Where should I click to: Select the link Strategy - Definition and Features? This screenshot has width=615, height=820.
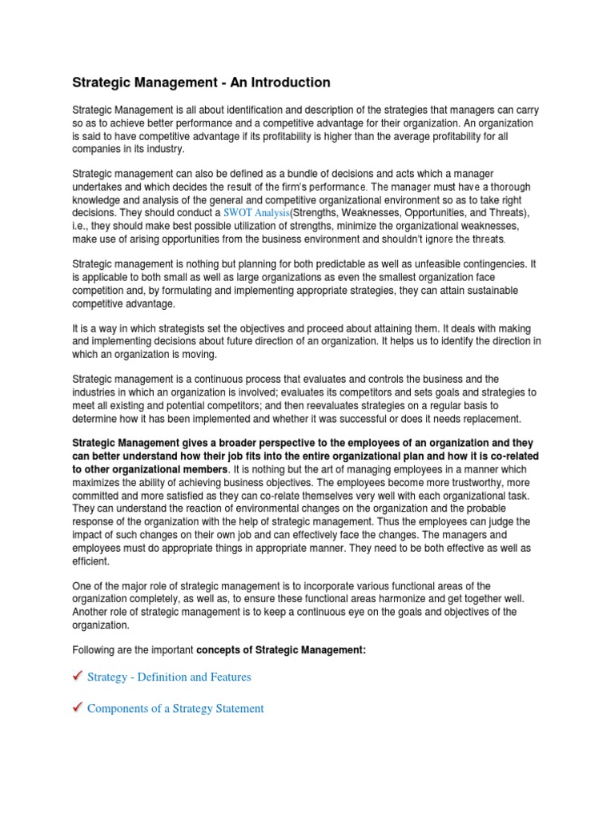pyautogui.click(x=168, y=677)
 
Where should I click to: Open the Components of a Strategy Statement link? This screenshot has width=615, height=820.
pyautogui.click(x=175, y=709)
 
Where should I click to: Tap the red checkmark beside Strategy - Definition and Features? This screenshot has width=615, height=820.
pyautogui.click(x=77, y=677)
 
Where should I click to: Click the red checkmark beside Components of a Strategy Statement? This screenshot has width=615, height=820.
pyautogui.click(x=77, y=709)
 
